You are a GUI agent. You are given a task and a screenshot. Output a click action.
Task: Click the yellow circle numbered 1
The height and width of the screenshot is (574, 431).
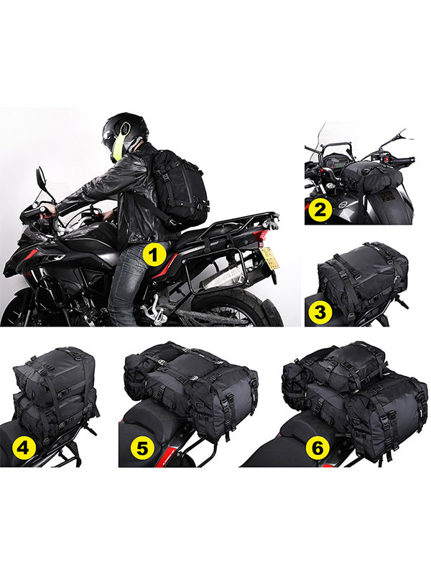point(154,255)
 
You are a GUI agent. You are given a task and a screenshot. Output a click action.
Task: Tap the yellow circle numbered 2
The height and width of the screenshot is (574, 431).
point(320,210)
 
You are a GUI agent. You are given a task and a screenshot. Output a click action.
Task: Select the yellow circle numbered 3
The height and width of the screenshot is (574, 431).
point(320,312)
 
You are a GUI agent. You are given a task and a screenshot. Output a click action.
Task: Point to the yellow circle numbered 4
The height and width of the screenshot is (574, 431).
point(24,447)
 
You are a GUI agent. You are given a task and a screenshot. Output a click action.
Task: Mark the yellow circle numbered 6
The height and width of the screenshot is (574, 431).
point(318,447)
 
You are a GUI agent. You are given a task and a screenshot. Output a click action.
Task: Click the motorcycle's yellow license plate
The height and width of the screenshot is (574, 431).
point(268,258)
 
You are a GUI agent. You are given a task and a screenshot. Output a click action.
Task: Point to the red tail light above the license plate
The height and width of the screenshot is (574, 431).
point(264,239)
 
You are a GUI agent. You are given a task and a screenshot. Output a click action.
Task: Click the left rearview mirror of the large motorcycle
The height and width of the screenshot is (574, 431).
point(41,177)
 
